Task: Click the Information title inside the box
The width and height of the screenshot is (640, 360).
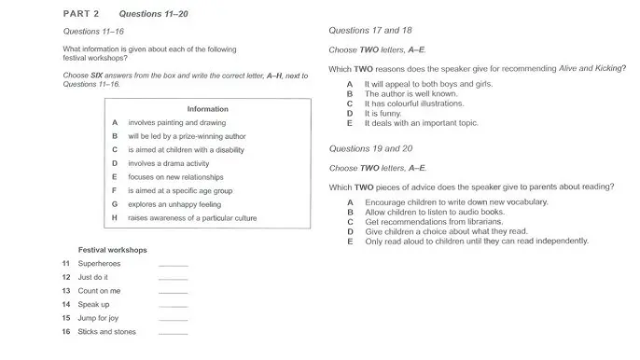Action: point(207,109)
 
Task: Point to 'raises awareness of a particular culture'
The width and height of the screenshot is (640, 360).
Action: point(192,217)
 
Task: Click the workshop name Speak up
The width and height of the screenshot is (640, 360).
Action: point(94,304)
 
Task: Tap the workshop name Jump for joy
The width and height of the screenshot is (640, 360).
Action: point(99,318)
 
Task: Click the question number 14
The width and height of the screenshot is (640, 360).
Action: point(66,304)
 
